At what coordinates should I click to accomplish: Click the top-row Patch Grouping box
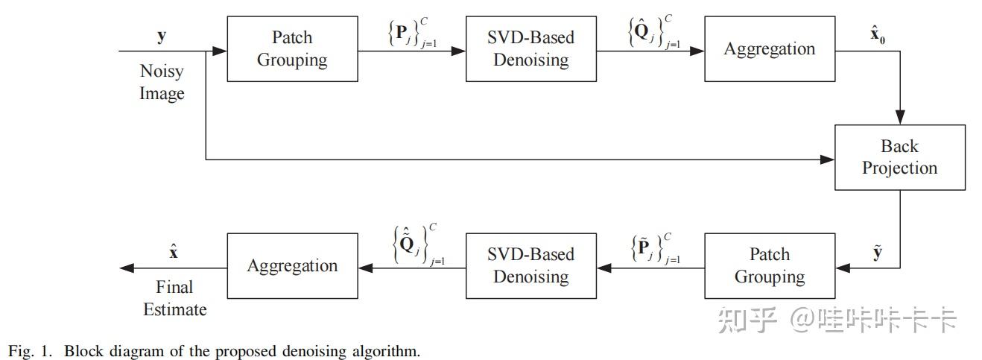pyautogui.click(x=291, y=49)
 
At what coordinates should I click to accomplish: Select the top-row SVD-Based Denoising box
pyautogui.click(x=530, y=49)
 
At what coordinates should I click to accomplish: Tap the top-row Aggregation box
pyautogui.click(x=769, y=49)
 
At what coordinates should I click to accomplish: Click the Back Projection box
pyautogui.click(x=899, y=157)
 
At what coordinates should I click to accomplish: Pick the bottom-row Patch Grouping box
pyautogui.click(x=769, y=266)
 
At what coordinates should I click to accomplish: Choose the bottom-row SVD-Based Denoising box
pyautogui.click(x=530, y=266)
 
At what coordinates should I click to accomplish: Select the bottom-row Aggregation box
pyautogui.click(x=291, y=266)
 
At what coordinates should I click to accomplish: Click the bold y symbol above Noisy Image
pyautogui.click(x=162, y=36)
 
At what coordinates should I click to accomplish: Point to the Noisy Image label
pyautogui.click(x=162, y=83)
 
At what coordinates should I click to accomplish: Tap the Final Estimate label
pyautogui.click(x=174, y=298)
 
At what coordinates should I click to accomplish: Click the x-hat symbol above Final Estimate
pyautogui.click(x=174, y=252)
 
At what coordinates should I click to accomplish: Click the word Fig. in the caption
pyautogui.click(x=19, y=351)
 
